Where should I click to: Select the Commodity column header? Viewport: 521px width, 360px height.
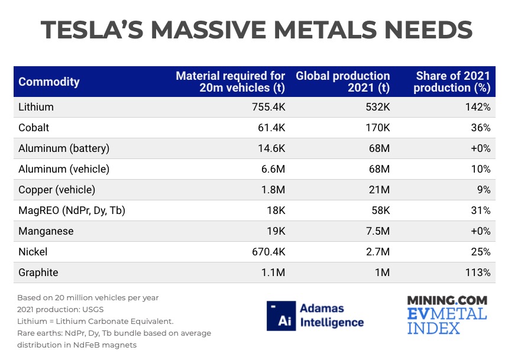pyautogui.click(x=48, y=82)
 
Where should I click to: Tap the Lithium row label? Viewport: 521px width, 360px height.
pyautogui.click(x=36, y=108)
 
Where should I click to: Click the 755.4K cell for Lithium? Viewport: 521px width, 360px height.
pyautogui.click(x=266, y=108)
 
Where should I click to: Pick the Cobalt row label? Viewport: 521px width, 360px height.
pyautogui.click(x=34, y=128)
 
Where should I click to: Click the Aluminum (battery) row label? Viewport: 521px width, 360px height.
pyautogui.click(x=64, y=149)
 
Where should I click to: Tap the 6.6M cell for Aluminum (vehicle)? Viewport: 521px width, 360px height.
pyautogui.click(x=272, y=170)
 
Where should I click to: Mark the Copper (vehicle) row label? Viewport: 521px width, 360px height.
pyautogui.click(x=57, y=190)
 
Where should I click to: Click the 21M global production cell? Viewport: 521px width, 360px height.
pyautogui.click(x=378, y=190)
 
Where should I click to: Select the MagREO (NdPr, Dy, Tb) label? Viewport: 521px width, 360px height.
pyautogui.click(x=72, y=211)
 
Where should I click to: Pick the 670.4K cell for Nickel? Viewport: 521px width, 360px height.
pyautogui.click(x=266, y=252)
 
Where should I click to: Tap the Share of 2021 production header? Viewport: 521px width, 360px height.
pyautogui.click(x=452, y=82)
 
